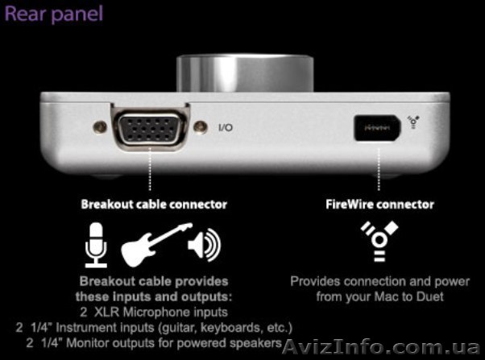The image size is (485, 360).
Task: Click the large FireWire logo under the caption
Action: click(379, 242)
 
